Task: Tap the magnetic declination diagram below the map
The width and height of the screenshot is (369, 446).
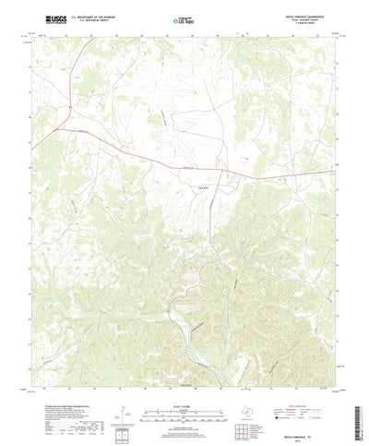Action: coord(122,399)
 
